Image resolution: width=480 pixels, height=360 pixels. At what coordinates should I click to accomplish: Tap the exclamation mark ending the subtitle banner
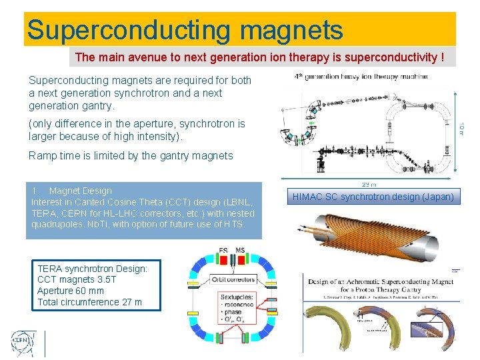click(x=442, y=57)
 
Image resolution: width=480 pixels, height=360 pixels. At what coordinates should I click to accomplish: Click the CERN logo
click(x=20, y=344)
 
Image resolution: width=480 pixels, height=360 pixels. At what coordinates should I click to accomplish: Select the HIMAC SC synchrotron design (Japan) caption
click(x=373, y=197)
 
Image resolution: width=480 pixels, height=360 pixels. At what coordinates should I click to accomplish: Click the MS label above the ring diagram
click(x=241, y=251)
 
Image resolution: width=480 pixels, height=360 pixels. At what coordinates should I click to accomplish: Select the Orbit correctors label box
click(x=233, y=279)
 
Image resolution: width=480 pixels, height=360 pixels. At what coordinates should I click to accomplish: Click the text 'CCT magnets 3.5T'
click(x=77, y=279)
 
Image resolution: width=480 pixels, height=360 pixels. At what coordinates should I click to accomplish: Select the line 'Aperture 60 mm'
click(x=71, y=291)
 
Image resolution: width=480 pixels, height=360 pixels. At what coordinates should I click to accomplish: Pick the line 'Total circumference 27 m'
click(x=89, y=302)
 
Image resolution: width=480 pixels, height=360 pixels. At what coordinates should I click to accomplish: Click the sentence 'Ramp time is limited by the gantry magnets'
click(x=131, y=155)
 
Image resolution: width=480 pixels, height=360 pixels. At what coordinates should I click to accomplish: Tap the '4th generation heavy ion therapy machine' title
click(x=361, y=77)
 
